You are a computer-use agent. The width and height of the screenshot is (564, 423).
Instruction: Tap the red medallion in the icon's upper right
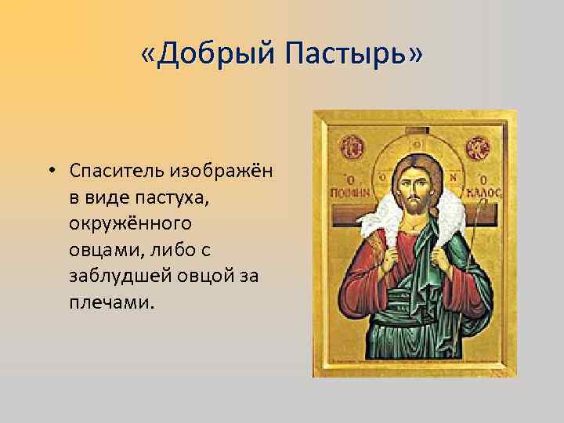[479, 146]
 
